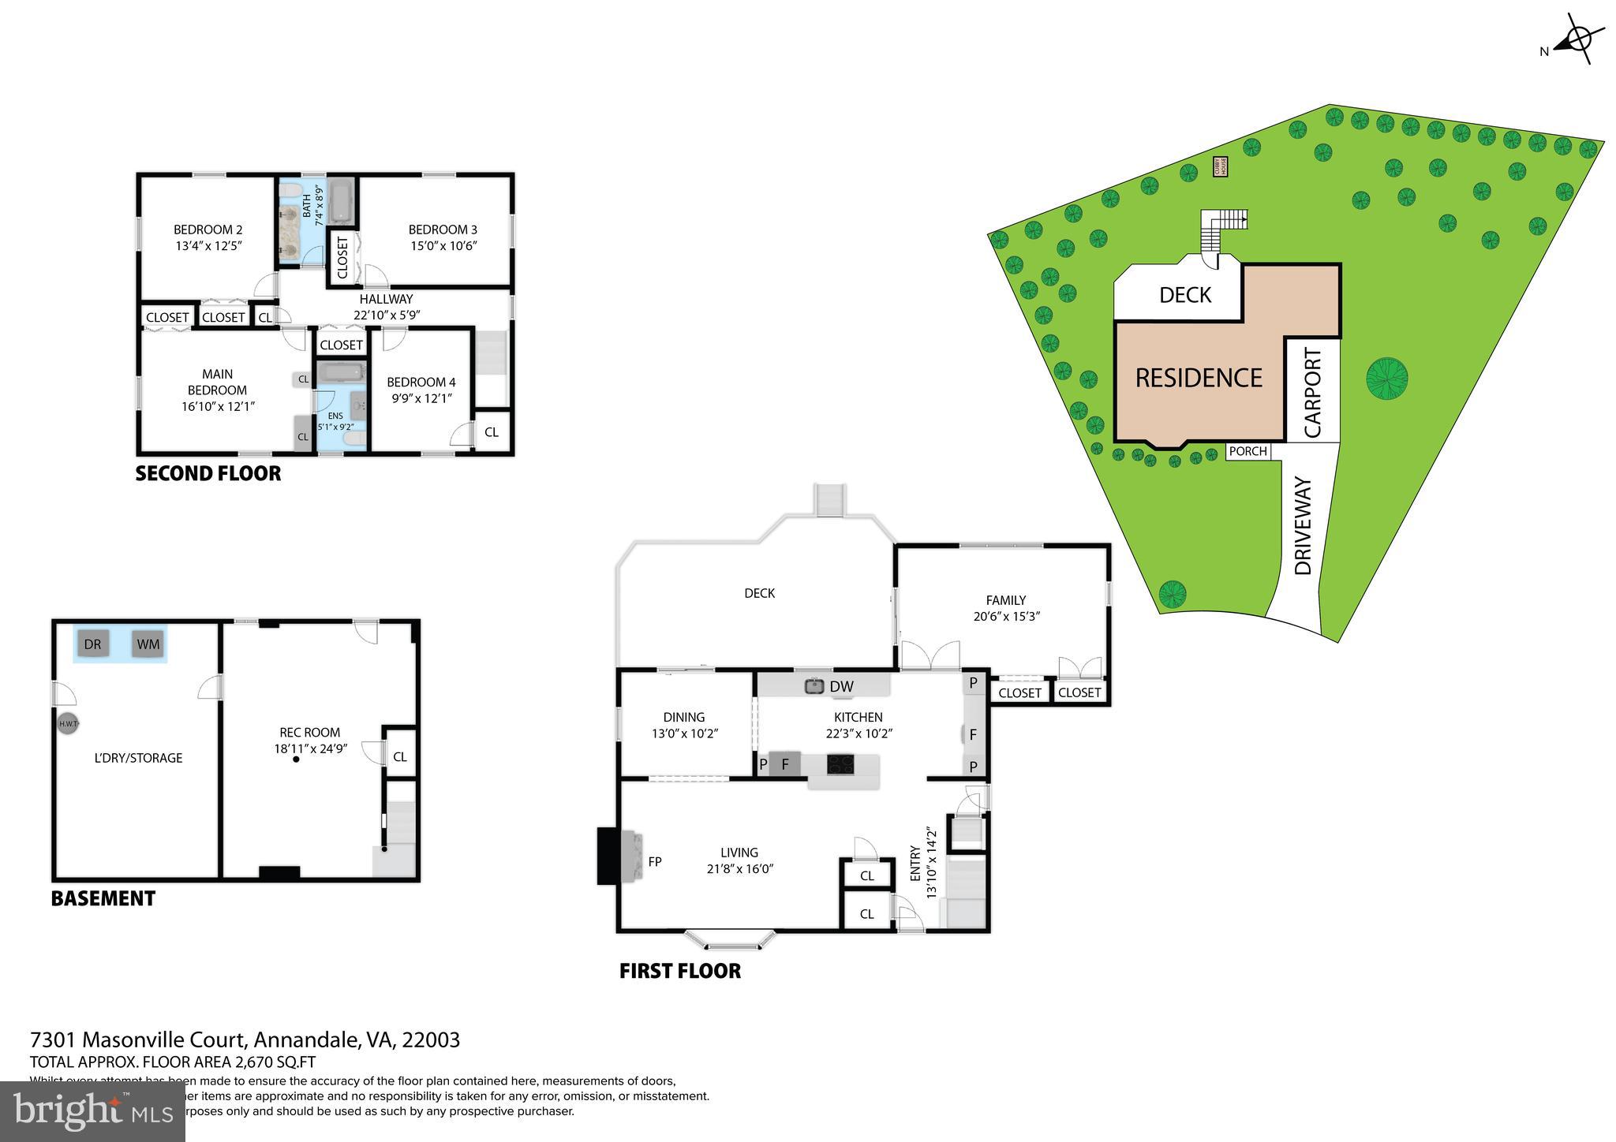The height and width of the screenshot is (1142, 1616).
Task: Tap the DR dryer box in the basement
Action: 92,644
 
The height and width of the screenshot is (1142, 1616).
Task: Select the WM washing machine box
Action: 148,644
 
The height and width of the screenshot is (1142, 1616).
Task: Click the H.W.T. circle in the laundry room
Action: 68,724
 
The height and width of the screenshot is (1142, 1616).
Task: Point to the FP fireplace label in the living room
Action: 655,862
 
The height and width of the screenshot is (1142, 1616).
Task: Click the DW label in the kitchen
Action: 841,686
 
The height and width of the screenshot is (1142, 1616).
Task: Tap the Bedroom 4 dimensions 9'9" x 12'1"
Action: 421,398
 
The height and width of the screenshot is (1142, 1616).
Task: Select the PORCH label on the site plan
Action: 1248,451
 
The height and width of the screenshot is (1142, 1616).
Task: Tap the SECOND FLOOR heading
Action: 208,473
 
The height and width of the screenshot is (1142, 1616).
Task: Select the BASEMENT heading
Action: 103,898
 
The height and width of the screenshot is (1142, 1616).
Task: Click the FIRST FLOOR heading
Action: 680,971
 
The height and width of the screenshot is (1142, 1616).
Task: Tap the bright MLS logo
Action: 92,1110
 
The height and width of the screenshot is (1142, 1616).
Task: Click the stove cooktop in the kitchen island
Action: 840,763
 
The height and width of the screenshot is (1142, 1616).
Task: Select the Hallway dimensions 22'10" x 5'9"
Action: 387,315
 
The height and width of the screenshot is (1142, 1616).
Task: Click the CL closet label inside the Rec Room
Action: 400,756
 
